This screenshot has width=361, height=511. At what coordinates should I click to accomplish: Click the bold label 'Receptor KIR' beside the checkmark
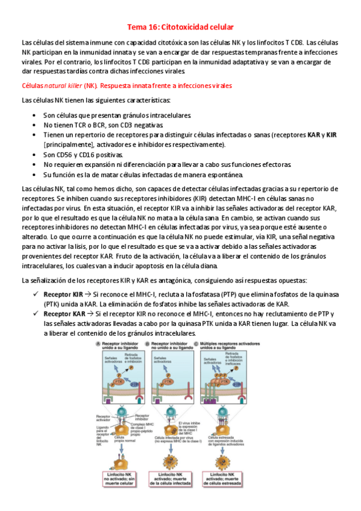coord(63,294)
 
